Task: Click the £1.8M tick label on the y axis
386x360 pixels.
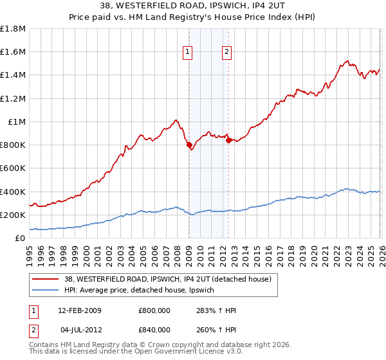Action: pyautogui.click(x=13, y=29)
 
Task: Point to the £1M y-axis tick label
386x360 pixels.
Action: pyautogui.click(x=17, y=122)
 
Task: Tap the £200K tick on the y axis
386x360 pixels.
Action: pyautogui.click(x=13, y=215)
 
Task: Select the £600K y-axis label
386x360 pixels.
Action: pyautogui.click(x=13, y=168)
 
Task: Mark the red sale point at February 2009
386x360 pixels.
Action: pyautogui.click(x=189, y=145)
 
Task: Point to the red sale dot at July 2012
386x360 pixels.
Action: pyautogui.click(x=228, y=141)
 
